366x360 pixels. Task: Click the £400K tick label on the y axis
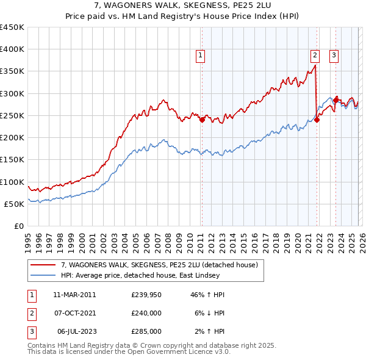[12, 49]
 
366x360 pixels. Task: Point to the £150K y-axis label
[12, 160]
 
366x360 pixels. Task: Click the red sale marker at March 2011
[202, 120]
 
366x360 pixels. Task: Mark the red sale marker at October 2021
[317, 120]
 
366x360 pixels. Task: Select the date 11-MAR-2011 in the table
[74, 295]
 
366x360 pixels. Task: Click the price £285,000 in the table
[146, 331]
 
